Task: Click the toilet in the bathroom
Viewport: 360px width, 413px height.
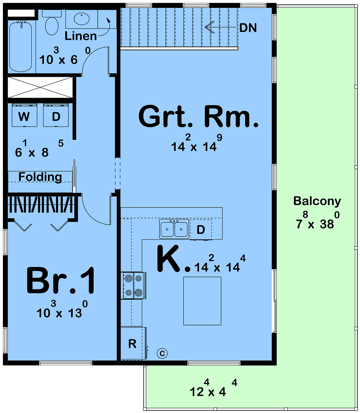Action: tap(52, 22)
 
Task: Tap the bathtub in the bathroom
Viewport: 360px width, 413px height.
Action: tap(20, 47)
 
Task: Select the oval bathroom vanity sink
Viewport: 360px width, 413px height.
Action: tap(82, 19)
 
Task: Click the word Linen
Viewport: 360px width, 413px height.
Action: tap(81, 36)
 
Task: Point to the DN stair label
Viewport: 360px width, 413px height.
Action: tap(248, 28)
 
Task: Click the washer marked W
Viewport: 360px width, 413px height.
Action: tap(24, 115)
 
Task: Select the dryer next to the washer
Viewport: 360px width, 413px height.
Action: tap(56, 115)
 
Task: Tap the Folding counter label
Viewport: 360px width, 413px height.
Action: tap(40, 177)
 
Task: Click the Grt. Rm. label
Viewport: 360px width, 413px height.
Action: tap(198, 116)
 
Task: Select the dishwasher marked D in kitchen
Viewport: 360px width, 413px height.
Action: tap(201, 230)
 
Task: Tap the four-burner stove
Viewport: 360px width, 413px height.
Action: tap(133, 285)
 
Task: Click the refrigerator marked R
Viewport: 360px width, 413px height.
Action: tap(133, 343)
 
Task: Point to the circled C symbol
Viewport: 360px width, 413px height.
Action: tap(162, 353)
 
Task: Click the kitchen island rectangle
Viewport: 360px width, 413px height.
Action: tap(202, 301)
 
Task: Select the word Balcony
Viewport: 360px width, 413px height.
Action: tap(317, 201)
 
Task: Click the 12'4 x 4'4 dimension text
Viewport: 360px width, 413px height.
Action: tap(213, 388)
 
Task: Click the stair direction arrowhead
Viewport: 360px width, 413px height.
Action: tap(209, 27)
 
